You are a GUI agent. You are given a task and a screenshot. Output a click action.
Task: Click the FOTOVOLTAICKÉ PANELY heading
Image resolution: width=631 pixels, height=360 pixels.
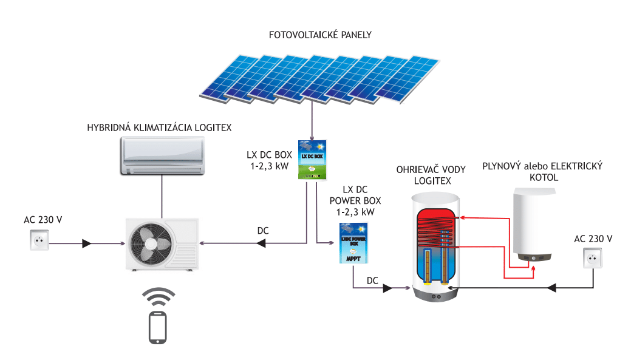pyautogui.click(x=320, y=35)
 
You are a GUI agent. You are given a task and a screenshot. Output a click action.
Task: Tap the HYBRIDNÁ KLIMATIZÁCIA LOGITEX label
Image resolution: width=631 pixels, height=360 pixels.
pyautogui.click(x=160, y=128)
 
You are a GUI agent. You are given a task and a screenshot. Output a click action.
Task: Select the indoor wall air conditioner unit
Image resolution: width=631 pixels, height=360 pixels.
pyautogui.click(x=162, y=155)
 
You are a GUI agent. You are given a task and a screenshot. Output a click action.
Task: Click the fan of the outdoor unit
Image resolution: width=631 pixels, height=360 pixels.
pyautogui.click(x=146, y=242)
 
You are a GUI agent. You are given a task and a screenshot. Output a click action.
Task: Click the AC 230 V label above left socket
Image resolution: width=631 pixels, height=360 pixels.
pyautogui.click(x=40, y=220)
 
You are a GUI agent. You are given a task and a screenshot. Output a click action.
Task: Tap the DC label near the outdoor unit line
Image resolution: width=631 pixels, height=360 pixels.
pyautogui.click(x=263, y=231)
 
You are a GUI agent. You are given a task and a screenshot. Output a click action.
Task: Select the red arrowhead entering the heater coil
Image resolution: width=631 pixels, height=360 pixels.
pyautogui.click(x=462, y=217)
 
